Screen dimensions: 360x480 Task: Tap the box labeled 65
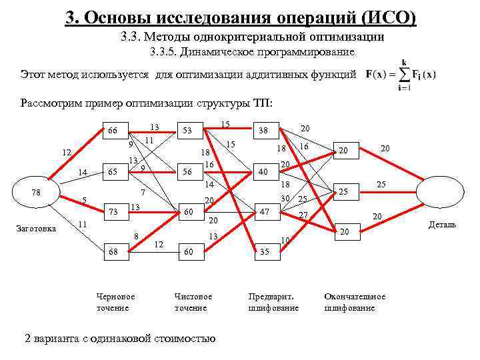(x=113, y=171)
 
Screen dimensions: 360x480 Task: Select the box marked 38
(x=264, y=131)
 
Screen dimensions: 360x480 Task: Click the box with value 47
(x=264, y=211)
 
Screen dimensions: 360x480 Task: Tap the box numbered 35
(x=264, y=252)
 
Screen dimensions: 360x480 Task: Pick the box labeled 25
(x=345, y=192)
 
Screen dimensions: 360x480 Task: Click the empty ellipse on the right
(x=441, y=193)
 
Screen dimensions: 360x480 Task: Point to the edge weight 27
(x=303, y=215)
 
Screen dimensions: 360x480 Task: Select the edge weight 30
(x=285, y=198)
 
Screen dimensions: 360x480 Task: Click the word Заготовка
(x=36, y=229)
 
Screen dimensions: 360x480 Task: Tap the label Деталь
(x=443, y=225)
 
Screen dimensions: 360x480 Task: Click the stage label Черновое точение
(x=115, y=301)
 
